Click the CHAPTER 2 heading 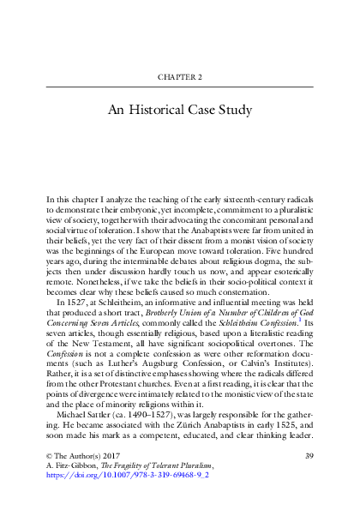(x=179, y=76)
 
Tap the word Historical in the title (x=169, y=111)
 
